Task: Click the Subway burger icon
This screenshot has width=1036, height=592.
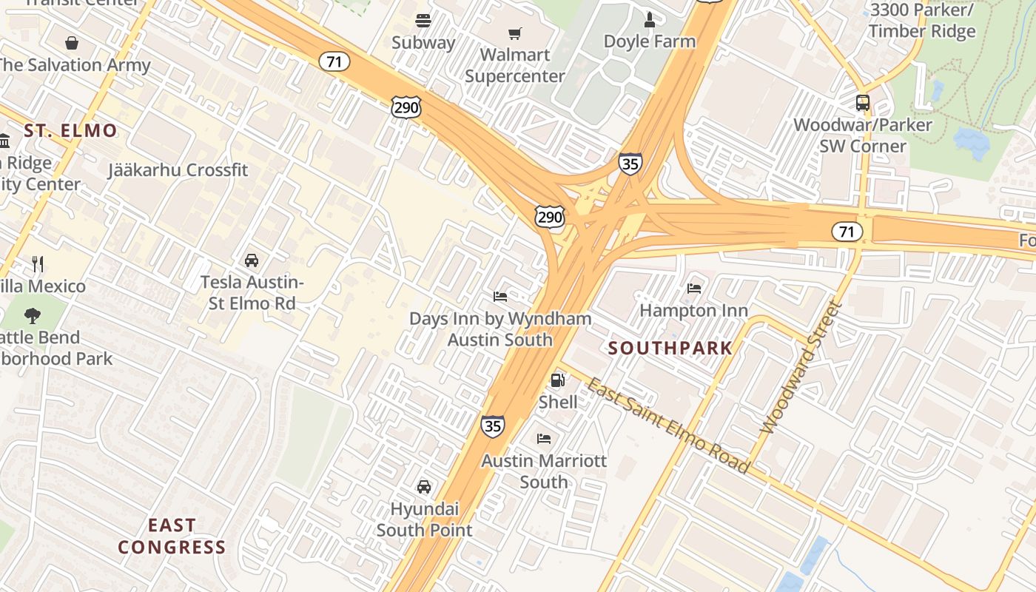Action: (x=423, y=21)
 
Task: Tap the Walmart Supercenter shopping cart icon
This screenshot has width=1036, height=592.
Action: (x=514, y=33)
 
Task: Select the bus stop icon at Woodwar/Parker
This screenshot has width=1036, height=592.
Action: (x=863, y=103)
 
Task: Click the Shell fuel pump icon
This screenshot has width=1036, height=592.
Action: (x=557, y=380)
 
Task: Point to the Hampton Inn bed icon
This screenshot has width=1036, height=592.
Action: (x=693, y=288)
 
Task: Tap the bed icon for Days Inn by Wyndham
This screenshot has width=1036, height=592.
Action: (x=500, y=297)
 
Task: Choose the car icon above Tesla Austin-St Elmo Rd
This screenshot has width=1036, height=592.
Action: (x=252, y=260)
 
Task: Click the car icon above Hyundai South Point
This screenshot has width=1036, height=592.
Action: (x=424, y=486)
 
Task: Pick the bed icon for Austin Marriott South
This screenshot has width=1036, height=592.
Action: (x=544, y=438)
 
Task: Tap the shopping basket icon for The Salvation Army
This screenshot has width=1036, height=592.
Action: (x=72, y=43)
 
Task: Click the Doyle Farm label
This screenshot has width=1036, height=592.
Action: (x=650, y=41)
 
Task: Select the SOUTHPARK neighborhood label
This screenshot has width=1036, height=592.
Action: (x=670, y=348)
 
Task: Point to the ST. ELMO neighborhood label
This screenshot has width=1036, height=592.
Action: (x=70, y=131)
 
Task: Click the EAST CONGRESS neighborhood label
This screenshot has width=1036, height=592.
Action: (x=172, y=536)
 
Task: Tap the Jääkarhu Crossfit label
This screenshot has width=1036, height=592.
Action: (x=178, y=169)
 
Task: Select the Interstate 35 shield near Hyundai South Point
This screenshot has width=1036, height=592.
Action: (x=492, y=425)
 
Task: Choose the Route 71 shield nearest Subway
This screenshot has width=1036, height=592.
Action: (x=334, y=61)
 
